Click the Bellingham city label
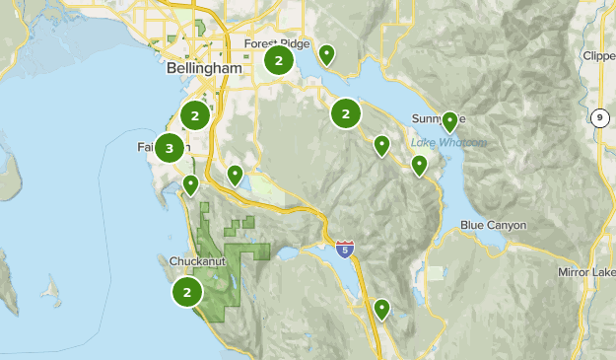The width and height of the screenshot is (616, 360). click(x=204, y=71)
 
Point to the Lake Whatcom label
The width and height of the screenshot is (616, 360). click(x=448, y=142)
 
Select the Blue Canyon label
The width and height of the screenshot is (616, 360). click(x=493, y=226)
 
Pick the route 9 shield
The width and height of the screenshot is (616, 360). click(x=599, y=117)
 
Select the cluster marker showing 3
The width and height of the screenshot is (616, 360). click(x=170, y=148)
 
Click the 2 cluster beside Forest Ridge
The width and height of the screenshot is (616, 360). click(x=279, y=61)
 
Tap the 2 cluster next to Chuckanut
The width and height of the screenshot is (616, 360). click(x=186, y=291)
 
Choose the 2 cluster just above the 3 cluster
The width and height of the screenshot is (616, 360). click(x=195, y=115)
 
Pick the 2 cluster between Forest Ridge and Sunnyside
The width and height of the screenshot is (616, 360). click(x=345, y=113)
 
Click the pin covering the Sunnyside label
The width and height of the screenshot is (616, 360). click(x=449, y=121)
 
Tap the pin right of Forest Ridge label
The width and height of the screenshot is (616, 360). click(x=326, y=54)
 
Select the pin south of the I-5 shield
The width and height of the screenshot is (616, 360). click(x=380, y=310)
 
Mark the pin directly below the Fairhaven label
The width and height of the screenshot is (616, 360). click(x=190, y=183)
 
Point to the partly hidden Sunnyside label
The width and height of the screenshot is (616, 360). click(x=430, y=119)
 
